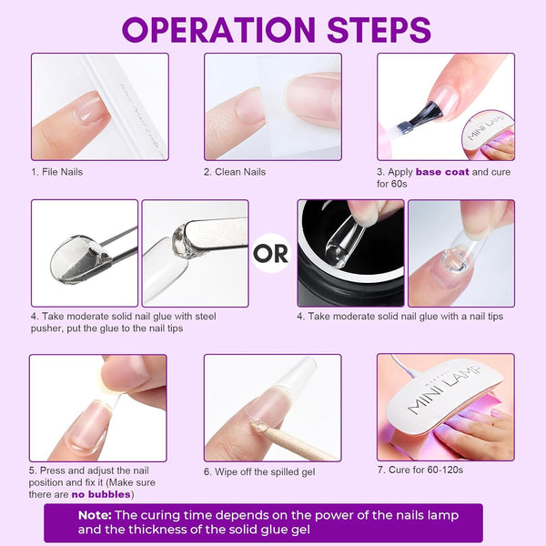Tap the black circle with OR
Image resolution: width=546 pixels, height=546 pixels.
[x=272, y=253]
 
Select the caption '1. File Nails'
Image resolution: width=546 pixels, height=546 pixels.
[x=57, y=171]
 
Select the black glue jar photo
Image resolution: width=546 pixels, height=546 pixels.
[x=350, y=253]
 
